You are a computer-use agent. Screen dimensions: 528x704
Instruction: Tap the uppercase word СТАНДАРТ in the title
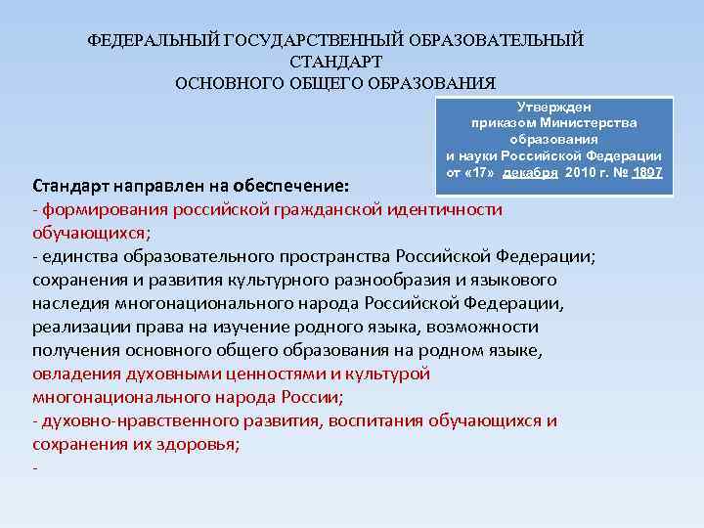coord(335,62)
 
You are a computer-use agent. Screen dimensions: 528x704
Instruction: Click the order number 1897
coord(646,172)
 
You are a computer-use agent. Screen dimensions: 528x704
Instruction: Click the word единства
coord(80,256)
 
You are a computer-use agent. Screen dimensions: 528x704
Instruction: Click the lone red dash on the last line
coord(35,467)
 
